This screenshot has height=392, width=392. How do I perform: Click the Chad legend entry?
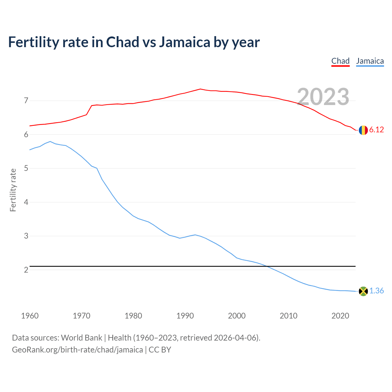click(x=340, y=61)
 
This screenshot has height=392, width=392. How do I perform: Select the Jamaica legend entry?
click(x=370, y=61)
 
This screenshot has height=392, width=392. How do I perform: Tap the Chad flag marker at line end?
click(x=363, y=130)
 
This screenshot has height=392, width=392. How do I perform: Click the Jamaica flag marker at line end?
click(x=363, y=291)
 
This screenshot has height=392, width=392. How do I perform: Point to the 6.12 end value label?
click(x=376, y=130)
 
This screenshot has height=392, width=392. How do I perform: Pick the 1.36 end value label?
click(x=376, y=291)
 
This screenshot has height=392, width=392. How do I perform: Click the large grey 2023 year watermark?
click(x=323, y=97)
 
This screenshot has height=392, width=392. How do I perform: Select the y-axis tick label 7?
click(x=26, y=101)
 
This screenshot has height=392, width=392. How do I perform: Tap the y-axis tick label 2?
click(x=26, y=270)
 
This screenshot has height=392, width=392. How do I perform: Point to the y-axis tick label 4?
click(x=26, y=202)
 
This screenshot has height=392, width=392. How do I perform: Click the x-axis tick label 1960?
click(x=30, y=316)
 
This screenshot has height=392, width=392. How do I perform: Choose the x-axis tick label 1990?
click(x=185, y=316)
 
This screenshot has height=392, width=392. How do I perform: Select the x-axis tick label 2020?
click(x=340, y=316)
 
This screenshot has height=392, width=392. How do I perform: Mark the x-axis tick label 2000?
click(x=237, y=316)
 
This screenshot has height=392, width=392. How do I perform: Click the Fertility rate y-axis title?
click(x=13, y=190)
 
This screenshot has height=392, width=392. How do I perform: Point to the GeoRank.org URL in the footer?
click(x=77, y=350)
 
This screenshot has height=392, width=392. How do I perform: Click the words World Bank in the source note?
click(x=81, y=338)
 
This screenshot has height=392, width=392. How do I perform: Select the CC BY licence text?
click(x=160, y=350)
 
